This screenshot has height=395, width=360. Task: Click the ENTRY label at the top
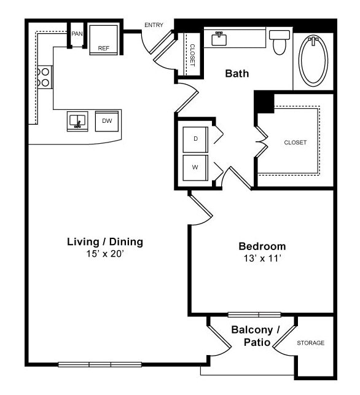[x=154, y=25]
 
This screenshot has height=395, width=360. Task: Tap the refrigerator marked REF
[x=103, y=40]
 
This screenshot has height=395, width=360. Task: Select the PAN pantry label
[x=77, y=34]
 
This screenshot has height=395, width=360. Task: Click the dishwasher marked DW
[x=107, y=121]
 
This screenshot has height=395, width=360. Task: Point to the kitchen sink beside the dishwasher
[x=78, y=121]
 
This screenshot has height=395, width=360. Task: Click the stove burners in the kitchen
[x=45, y=77]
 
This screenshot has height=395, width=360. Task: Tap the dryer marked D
[x=196, y=139]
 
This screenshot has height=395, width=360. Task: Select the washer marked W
[x=196, y=167]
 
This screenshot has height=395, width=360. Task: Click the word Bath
[x=237, y=74]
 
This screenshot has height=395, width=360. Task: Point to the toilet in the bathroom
[x=280, y=42]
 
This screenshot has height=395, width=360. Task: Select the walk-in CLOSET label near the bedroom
[x=295, y=143]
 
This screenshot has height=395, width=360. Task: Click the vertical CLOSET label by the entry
[x=192, y=54]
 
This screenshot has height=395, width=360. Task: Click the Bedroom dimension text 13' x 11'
[x=262, y=259]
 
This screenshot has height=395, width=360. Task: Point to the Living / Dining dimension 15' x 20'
[x=104, y=254]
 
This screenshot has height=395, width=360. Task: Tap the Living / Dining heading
[x=104, y=241]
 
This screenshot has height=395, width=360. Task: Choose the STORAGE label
[x=310, y=343]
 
